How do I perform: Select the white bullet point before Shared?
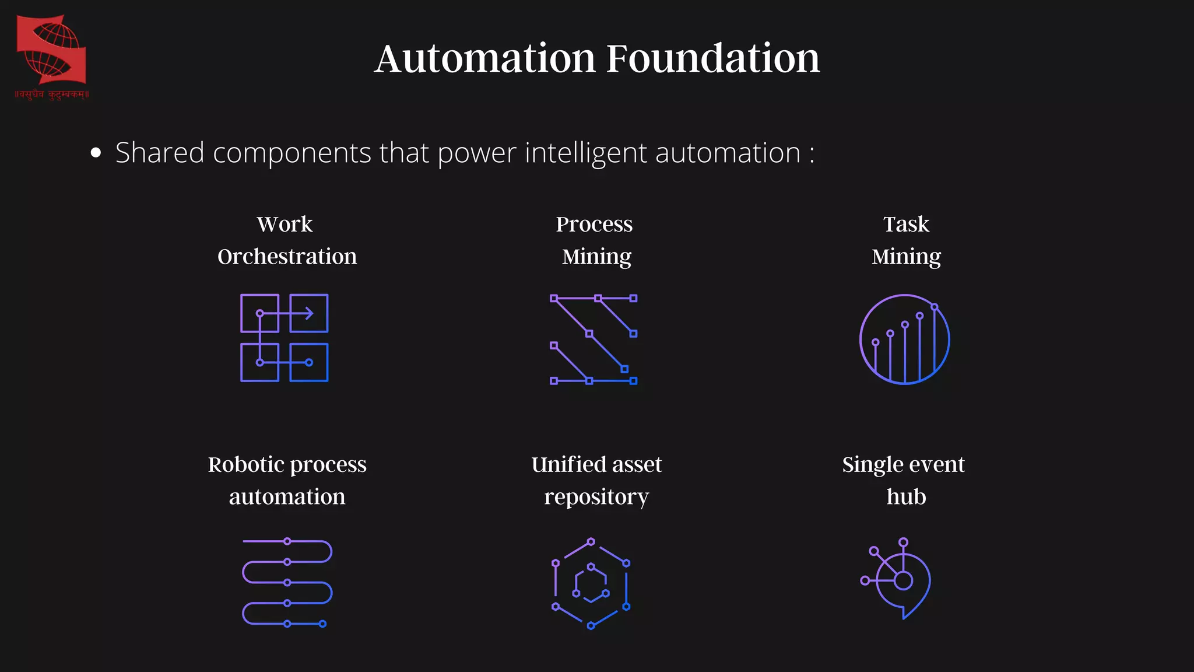pyautogui.click(x=96, y=153)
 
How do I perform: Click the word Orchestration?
pyautogui.click(x=287, y=257)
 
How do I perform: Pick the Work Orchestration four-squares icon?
pyautogui.click(x=285, y=338)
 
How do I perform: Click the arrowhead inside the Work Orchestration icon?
pyautogui.click(x=309, y=313)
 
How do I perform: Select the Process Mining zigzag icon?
pyautogui.click(x=594, y=339)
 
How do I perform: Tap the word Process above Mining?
pyautogui.click(x=594, y=224)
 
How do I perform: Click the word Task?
pyautogui.click(x=905, y=224)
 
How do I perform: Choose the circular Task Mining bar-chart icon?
pyautogui.click(x=904, y=339)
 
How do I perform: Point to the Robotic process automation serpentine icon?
pyautogui.click(x=287, y=582)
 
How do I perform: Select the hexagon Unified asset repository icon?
pyautogui.click(x=591, y=583)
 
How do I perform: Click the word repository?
pyautogui.click(x=596, y=497)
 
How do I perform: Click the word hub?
pyautogui.click(x=905, y=497)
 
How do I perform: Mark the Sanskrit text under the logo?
pyautogui.click(x=52, y=94)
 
